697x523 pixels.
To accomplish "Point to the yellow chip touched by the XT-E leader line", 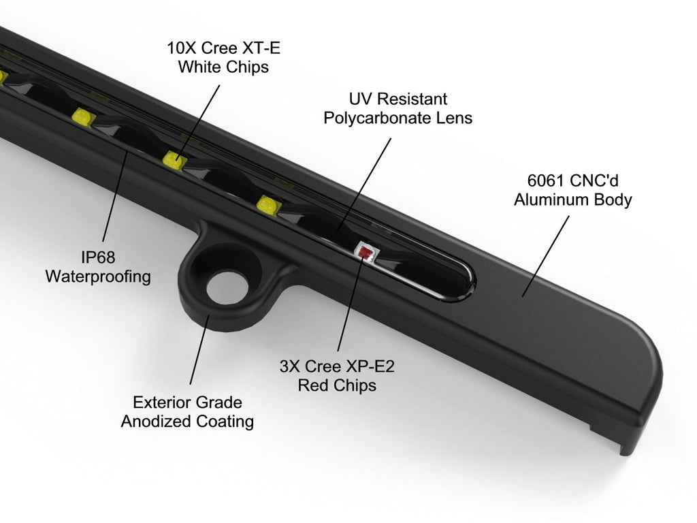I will (175, 160).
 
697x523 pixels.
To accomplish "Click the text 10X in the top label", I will (181, 49).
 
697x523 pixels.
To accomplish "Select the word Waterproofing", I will (98, 277).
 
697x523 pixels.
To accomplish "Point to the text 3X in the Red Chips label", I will (290, 367).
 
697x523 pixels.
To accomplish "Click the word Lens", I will (455, 118).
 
